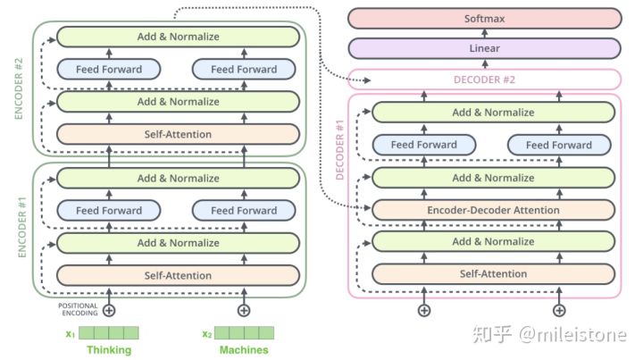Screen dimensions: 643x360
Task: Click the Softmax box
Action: [x=485, y=19]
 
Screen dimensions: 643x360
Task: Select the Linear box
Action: [x=485, y=48]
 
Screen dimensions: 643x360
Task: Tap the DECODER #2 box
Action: [x=485, y=80]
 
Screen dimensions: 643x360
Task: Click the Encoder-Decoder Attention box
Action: [x=493, y=210]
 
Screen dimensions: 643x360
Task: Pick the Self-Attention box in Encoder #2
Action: [x=178, y=134]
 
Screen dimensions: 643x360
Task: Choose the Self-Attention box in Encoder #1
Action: [x=178, y=275]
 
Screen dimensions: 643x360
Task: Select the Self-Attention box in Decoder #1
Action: [x=493, y=274]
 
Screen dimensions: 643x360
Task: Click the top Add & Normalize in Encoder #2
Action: [x=178, y=37]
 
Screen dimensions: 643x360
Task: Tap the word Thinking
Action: [x=109, y=350]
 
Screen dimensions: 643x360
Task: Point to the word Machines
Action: [x=244, y=350]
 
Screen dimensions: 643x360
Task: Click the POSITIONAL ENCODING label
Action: [x=78, y=309]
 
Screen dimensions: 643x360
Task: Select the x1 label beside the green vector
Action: [x=71, y=334]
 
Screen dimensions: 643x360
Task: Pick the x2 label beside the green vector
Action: [x=207, y=334]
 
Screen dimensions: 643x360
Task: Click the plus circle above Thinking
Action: [x=109, y=310]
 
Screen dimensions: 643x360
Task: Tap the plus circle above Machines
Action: [x=244, y=310]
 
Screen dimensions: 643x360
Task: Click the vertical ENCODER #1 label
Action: [x=21, y=228]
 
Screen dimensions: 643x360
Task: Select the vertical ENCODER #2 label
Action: [x=19, y=88]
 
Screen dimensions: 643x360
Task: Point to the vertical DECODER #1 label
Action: [x=339, y=150]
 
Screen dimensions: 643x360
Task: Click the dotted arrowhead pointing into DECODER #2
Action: [x=367, y=80]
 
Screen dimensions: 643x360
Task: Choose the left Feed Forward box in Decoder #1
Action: [x=424, y=145]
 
